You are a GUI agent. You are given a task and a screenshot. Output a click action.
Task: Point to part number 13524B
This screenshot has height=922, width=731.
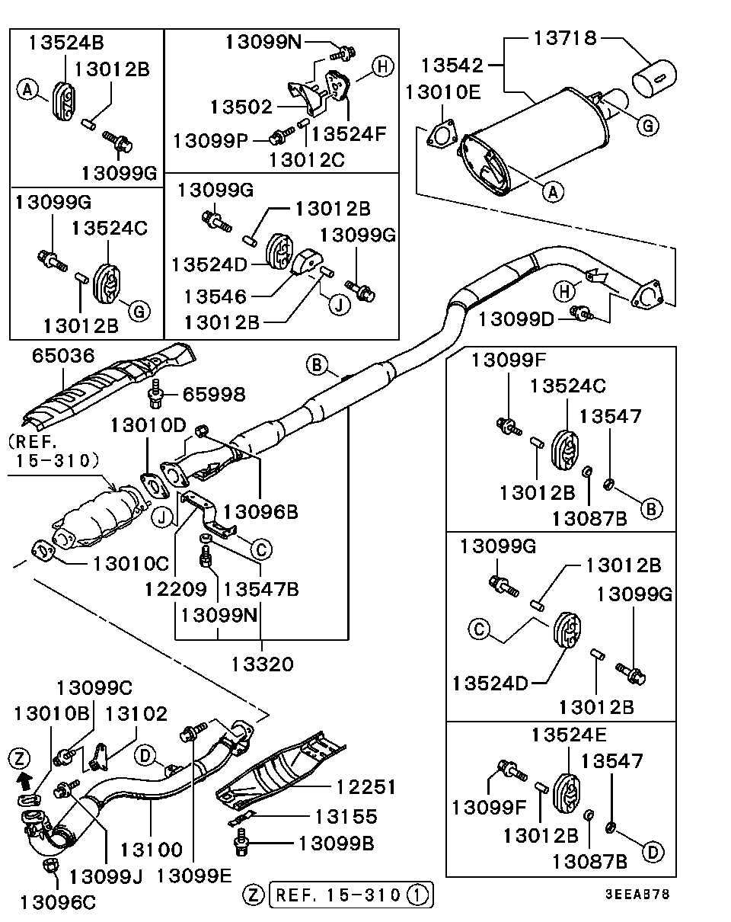point(68,43)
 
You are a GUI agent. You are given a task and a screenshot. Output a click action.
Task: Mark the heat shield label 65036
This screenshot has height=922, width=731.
point(63,355)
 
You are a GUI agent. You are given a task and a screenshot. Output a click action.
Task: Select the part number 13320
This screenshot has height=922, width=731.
point(261,664)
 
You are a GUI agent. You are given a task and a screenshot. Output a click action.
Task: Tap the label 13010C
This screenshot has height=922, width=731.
point(130,563)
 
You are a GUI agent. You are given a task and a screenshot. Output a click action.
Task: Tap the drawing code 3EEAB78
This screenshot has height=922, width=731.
point(637,894)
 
